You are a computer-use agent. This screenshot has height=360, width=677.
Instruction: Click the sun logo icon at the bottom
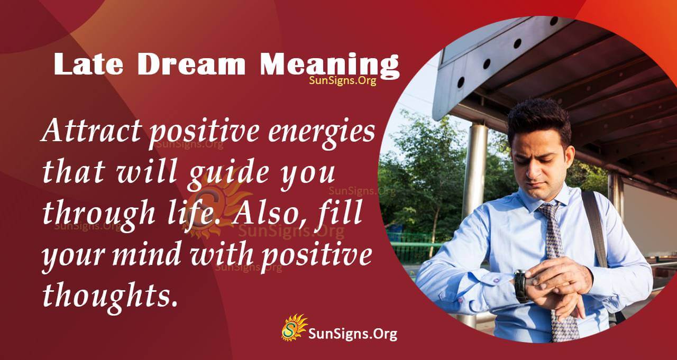[x=294, y=327]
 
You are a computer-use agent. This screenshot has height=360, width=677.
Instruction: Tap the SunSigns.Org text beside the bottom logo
[x=353, y=334]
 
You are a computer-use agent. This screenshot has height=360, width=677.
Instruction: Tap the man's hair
[x=539, y=114]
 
